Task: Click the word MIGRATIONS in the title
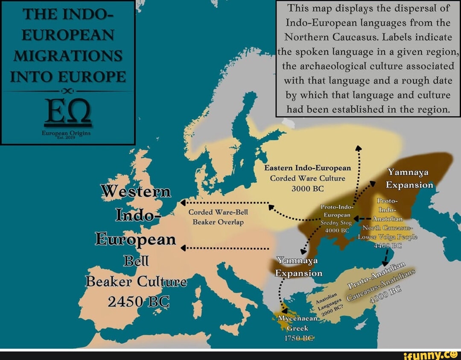click(x=68, y=56)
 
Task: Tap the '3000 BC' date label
click(x=307, y=188)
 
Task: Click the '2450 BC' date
click(x=139, y=302)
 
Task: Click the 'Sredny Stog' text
click(x=336, y=222)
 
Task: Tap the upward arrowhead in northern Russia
click(x=359, y=148)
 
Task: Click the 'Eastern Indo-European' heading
click(x=307, y=168)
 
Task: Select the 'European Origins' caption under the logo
click(x=68, y=133)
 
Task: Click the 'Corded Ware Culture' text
click(x=307, y=178)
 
